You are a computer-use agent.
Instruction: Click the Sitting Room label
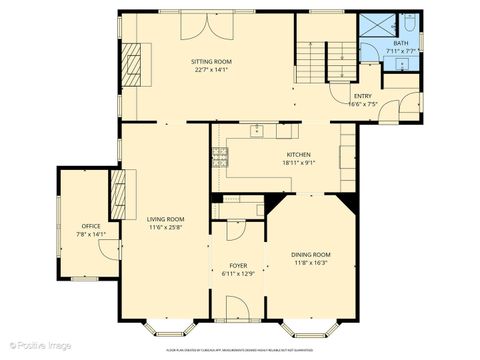(212, 62)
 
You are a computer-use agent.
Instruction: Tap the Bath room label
(400, 43)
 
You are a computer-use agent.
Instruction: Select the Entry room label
(362, 95)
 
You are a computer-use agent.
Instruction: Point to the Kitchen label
(299, 155)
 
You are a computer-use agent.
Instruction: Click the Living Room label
(165, 220)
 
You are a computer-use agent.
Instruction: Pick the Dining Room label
(310, 255)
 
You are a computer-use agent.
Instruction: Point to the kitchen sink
(257, 130)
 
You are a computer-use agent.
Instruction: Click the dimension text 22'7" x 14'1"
(212, 71)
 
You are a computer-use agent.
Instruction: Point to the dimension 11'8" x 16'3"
(310, 264)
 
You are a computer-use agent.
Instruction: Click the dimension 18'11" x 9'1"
(299, 164)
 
